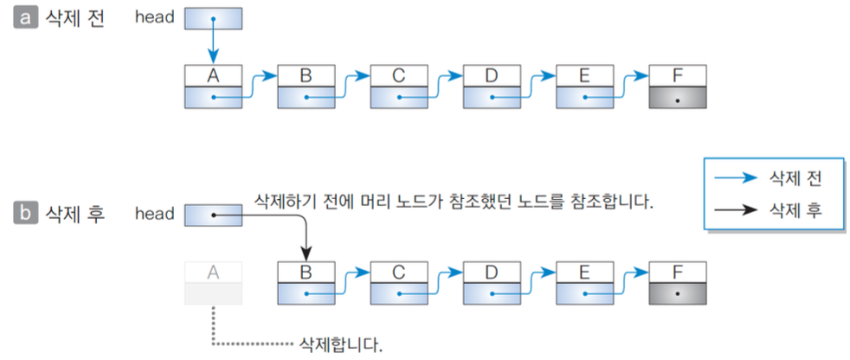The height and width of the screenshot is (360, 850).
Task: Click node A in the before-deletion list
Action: click(x=213, y=87)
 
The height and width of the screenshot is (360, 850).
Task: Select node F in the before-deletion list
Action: click(x=678, y=87)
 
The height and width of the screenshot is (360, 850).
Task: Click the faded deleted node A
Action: click(x=213, y=283)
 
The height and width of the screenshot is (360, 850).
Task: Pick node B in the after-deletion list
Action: click(x=306, y=283)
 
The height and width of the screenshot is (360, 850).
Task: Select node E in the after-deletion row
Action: click(x=585, y=283)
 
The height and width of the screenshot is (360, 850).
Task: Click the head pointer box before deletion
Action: click(x=213, y=18)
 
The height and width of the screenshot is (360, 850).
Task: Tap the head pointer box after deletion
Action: click(x=213, y=214)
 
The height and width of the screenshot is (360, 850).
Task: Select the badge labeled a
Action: click(x=25, y=18)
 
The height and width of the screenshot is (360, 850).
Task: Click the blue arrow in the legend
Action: click(x=735, y=180)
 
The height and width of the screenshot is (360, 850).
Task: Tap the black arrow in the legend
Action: click(x=735, y=210)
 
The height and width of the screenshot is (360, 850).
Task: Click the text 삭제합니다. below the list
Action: click(x=338, y=344)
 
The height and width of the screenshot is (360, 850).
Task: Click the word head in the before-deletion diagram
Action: click(x=155, y=18)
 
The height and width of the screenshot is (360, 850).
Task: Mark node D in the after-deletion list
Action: click(x=492, y=283)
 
